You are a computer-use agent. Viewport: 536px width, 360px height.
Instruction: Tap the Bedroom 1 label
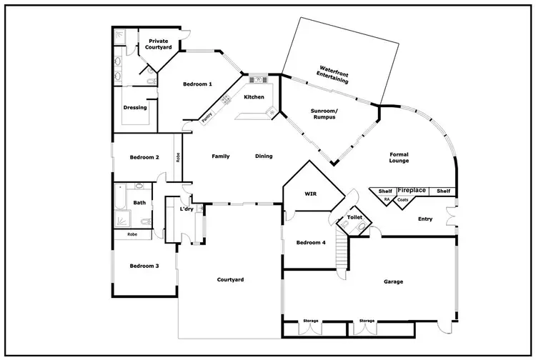197,84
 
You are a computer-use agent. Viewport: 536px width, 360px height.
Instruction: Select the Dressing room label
135,108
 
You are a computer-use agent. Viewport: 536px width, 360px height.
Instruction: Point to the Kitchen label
254,97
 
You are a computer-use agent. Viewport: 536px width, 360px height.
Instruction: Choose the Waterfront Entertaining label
333,75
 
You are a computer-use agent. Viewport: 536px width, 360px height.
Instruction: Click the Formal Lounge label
399,158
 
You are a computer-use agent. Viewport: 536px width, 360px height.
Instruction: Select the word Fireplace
412,191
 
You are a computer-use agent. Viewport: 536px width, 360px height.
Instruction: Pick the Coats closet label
403,200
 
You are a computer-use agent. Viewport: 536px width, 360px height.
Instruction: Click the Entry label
425,219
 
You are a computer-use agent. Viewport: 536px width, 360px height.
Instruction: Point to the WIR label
311,193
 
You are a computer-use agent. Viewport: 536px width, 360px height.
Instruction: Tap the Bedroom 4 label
311,243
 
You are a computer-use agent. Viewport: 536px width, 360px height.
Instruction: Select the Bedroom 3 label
144,266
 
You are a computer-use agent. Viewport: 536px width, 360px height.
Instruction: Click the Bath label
139,203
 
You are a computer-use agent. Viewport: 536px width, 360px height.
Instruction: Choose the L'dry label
186,209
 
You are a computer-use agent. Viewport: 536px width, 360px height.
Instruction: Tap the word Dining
264,156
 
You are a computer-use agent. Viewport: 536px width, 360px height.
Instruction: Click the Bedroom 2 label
144,157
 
